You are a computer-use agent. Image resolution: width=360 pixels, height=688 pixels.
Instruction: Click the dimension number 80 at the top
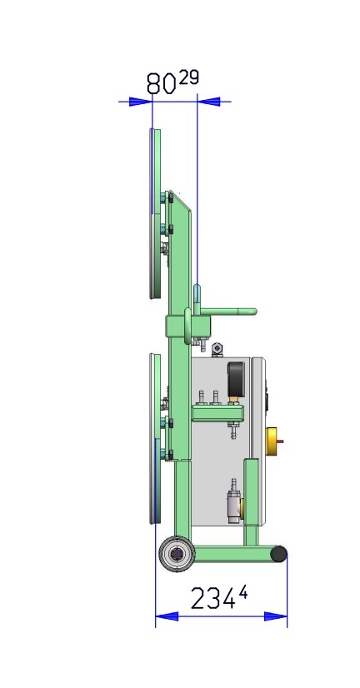[161, 84]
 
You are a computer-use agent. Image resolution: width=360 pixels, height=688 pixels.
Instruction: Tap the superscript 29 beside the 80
[188, 77]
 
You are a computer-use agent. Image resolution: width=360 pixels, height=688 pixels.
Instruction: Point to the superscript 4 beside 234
[243, 593]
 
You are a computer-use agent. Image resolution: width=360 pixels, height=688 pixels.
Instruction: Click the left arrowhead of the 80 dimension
[141, 102]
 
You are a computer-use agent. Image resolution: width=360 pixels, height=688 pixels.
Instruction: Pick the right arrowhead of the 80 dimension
[209, 102]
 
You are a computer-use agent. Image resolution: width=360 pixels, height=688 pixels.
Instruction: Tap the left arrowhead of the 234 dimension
[167, 616]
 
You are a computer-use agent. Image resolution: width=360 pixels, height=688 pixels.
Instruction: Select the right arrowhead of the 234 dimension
[276, 616]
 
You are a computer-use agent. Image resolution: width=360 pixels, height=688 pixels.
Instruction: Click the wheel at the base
[177, 554]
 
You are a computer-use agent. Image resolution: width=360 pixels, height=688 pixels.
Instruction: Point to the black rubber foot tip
[279, 554]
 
